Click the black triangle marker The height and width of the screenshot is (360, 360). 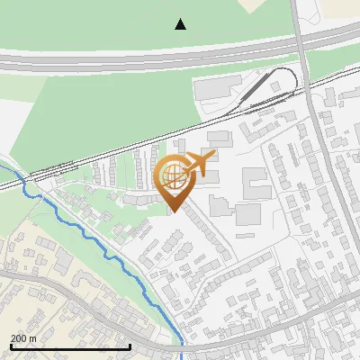coord(181,24)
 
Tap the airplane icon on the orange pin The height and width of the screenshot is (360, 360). coord(199,164)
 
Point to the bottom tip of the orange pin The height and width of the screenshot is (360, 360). coord(175,212)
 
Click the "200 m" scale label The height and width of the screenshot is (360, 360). coord(23,338)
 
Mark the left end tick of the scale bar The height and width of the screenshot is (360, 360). coord(11,346)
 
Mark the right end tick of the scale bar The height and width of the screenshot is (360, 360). coord(130,346)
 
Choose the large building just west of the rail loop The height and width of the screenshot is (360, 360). coord(215,87)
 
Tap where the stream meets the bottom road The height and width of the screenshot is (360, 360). coord(182,345)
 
